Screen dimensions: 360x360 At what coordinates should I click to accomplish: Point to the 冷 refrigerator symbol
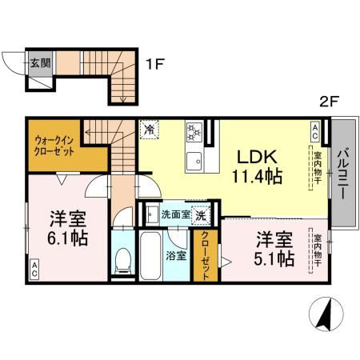click(x=150, y=126)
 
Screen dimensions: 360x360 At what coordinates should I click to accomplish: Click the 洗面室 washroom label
click(x=174, y=214)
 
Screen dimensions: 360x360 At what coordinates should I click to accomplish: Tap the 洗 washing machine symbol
click(x=203, y=214)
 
